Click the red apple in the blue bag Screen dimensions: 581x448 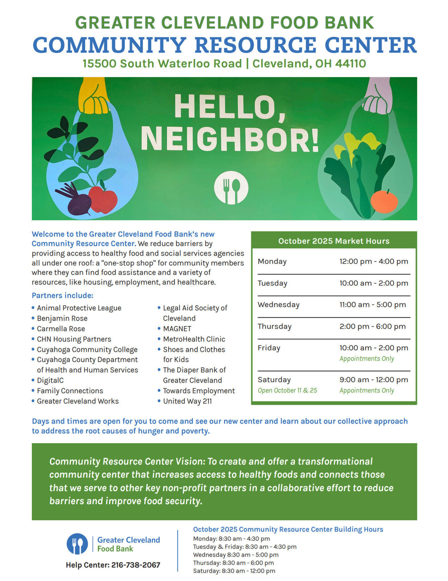pos(103,199)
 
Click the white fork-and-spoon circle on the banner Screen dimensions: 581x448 pos(231,187)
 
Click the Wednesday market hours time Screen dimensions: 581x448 pos(372,304)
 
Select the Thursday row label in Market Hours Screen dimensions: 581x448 pos(274,326)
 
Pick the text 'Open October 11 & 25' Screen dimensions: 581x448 pos(287,390)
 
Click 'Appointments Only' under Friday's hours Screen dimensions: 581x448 pos(367,358)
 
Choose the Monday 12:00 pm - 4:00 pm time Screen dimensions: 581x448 pos(374,261)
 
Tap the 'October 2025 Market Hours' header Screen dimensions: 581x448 pos(334,241)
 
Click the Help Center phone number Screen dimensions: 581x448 pos(136,565)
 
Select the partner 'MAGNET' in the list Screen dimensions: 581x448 pos(177,329)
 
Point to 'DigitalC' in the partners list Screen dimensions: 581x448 pos(50,380)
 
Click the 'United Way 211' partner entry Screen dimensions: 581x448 pos(187,401)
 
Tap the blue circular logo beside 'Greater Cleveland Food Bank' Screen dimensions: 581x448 pos(77,544)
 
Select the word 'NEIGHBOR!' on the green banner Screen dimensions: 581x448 pos(229,139)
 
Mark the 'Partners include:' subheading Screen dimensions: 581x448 pos(62,295)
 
